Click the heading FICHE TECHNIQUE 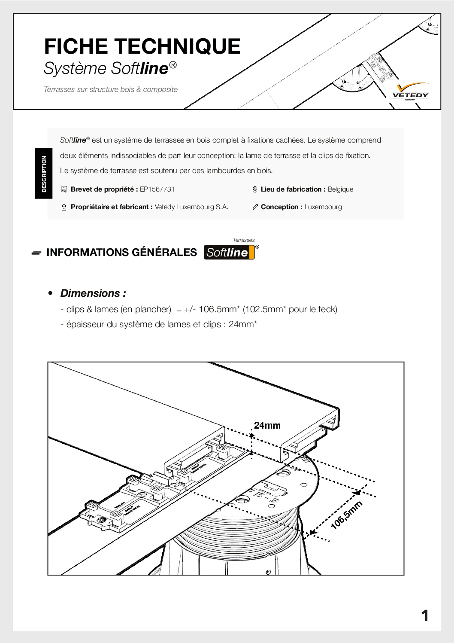142,46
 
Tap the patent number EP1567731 157,189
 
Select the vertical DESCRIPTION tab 44,174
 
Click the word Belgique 340,189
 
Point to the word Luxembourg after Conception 323,207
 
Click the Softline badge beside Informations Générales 229,253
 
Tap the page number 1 425,616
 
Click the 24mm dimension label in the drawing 267,425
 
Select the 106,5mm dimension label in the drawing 346,514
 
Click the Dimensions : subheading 93,293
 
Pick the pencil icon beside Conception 255,207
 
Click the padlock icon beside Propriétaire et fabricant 64,207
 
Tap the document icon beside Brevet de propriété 64,189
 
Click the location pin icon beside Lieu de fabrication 255,189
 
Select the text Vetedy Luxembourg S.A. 191,207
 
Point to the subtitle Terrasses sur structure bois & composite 111,89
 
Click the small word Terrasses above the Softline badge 244,240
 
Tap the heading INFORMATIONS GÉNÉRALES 121,253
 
